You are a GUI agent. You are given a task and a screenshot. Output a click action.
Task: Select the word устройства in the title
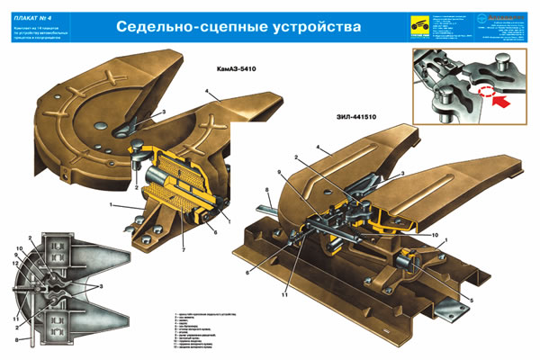coord(310,27)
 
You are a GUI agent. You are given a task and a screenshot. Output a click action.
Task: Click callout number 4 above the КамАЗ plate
coord(206,92)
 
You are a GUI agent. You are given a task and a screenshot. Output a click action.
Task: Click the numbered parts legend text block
coord(212,333)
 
